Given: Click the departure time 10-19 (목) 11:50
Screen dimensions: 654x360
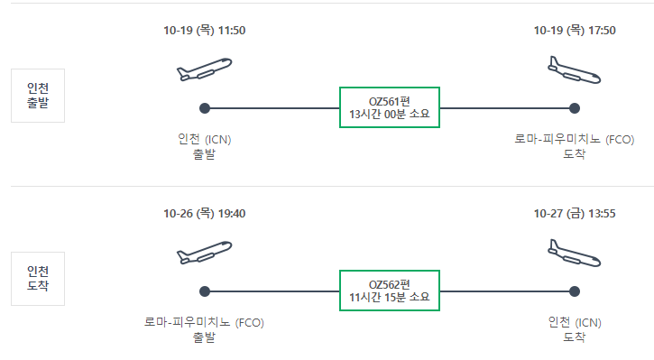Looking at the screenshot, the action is point(205,31).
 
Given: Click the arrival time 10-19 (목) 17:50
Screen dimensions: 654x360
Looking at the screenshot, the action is point(575,31).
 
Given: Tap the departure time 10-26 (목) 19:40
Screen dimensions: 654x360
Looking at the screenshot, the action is point(205,214).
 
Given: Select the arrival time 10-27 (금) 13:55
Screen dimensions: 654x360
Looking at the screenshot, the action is point(575,214).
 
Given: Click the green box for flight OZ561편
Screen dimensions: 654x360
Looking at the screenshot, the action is point(390,88).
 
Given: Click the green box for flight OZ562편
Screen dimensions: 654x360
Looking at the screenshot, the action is point(390,271).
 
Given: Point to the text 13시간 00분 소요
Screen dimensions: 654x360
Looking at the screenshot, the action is point(390,114).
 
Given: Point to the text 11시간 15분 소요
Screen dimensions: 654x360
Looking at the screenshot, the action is point(390,297).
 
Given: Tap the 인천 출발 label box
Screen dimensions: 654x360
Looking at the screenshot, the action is point(38,96).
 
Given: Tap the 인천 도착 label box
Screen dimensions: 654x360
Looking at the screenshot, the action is point(38,279).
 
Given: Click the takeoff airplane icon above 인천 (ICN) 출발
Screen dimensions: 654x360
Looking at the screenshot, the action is point(204,69).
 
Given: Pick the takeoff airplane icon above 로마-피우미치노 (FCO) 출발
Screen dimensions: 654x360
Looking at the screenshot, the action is point(204,253).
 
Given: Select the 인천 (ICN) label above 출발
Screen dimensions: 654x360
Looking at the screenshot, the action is point(205,139).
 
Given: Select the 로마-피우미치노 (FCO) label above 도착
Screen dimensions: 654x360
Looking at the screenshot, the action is point(575,139).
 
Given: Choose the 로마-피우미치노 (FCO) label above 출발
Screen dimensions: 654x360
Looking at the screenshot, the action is point(204,322).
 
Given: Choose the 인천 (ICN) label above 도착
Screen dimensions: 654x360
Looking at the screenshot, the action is point(575,322).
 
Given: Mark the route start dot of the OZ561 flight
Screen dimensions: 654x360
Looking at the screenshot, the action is point(205,108).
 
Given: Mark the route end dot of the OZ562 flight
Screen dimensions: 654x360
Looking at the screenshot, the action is point(575,291).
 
